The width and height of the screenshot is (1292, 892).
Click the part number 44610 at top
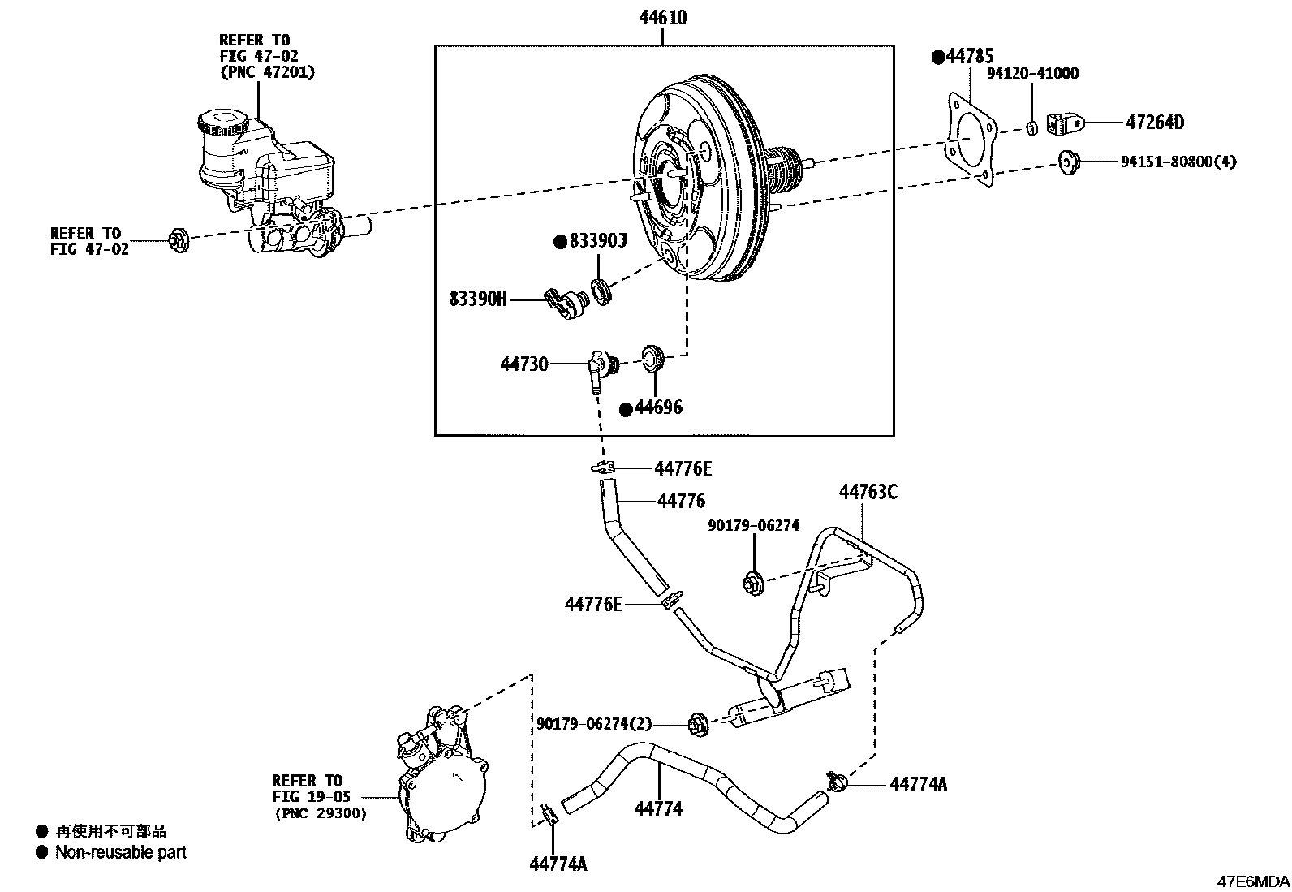point(663,17)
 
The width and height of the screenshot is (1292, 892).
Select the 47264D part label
point(1155,123)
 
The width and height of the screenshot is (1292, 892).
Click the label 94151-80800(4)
point(1178,162)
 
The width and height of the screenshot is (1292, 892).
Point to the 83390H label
point(478,299)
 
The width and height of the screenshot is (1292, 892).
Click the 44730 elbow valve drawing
point(600,368)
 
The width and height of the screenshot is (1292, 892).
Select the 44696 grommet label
point(658,407)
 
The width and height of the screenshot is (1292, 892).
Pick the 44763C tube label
point(868,492)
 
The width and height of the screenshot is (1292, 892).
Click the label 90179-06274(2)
point(594,723)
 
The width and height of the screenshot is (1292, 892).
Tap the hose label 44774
point(658,808)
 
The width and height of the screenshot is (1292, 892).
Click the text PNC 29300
point(320,812)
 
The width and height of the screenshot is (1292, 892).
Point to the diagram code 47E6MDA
point(1251,881)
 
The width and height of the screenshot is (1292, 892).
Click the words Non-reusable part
point(120,852)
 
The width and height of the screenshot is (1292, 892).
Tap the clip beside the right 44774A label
point(838,782)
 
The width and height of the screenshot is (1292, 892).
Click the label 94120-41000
point(1032,74)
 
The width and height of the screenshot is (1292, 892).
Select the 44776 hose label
point(681,502)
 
